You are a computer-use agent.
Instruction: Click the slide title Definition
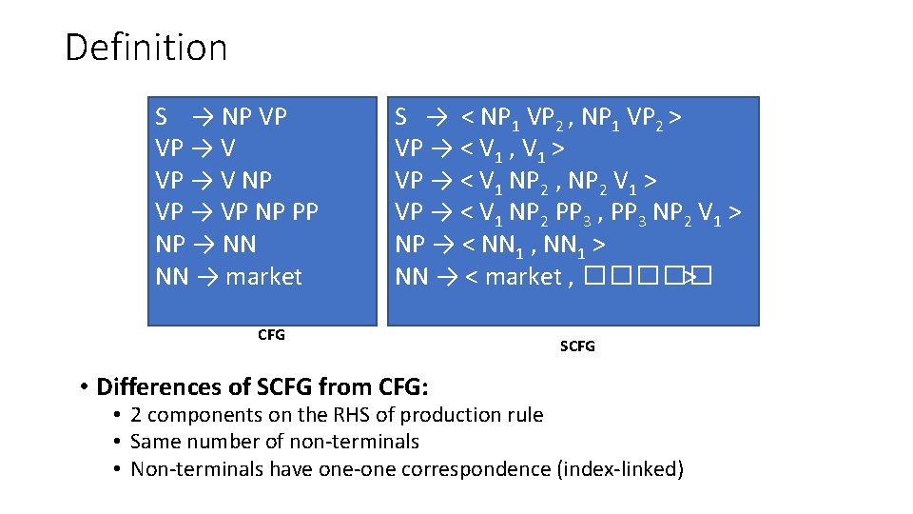coord(146,48)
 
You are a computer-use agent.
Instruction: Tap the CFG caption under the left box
coord(271,334)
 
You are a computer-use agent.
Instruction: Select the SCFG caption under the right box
coord(577,346)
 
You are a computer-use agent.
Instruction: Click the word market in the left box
coord(263,277)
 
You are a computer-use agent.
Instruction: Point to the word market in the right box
coord(523,277)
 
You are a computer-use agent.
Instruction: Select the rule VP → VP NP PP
coord(236,212)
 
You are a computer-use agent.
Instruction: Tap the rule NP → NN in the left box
coord(205,245)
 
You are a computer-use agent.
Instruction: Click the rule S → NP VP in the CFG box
coord(221,117)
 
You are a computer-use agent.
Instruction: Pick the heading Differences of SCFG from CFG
coord(262,386)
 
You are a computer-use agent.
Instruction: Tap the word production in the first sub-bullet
coord(444,415)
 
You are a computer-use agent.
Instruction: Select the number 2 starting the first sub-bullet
coord(136,415)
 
